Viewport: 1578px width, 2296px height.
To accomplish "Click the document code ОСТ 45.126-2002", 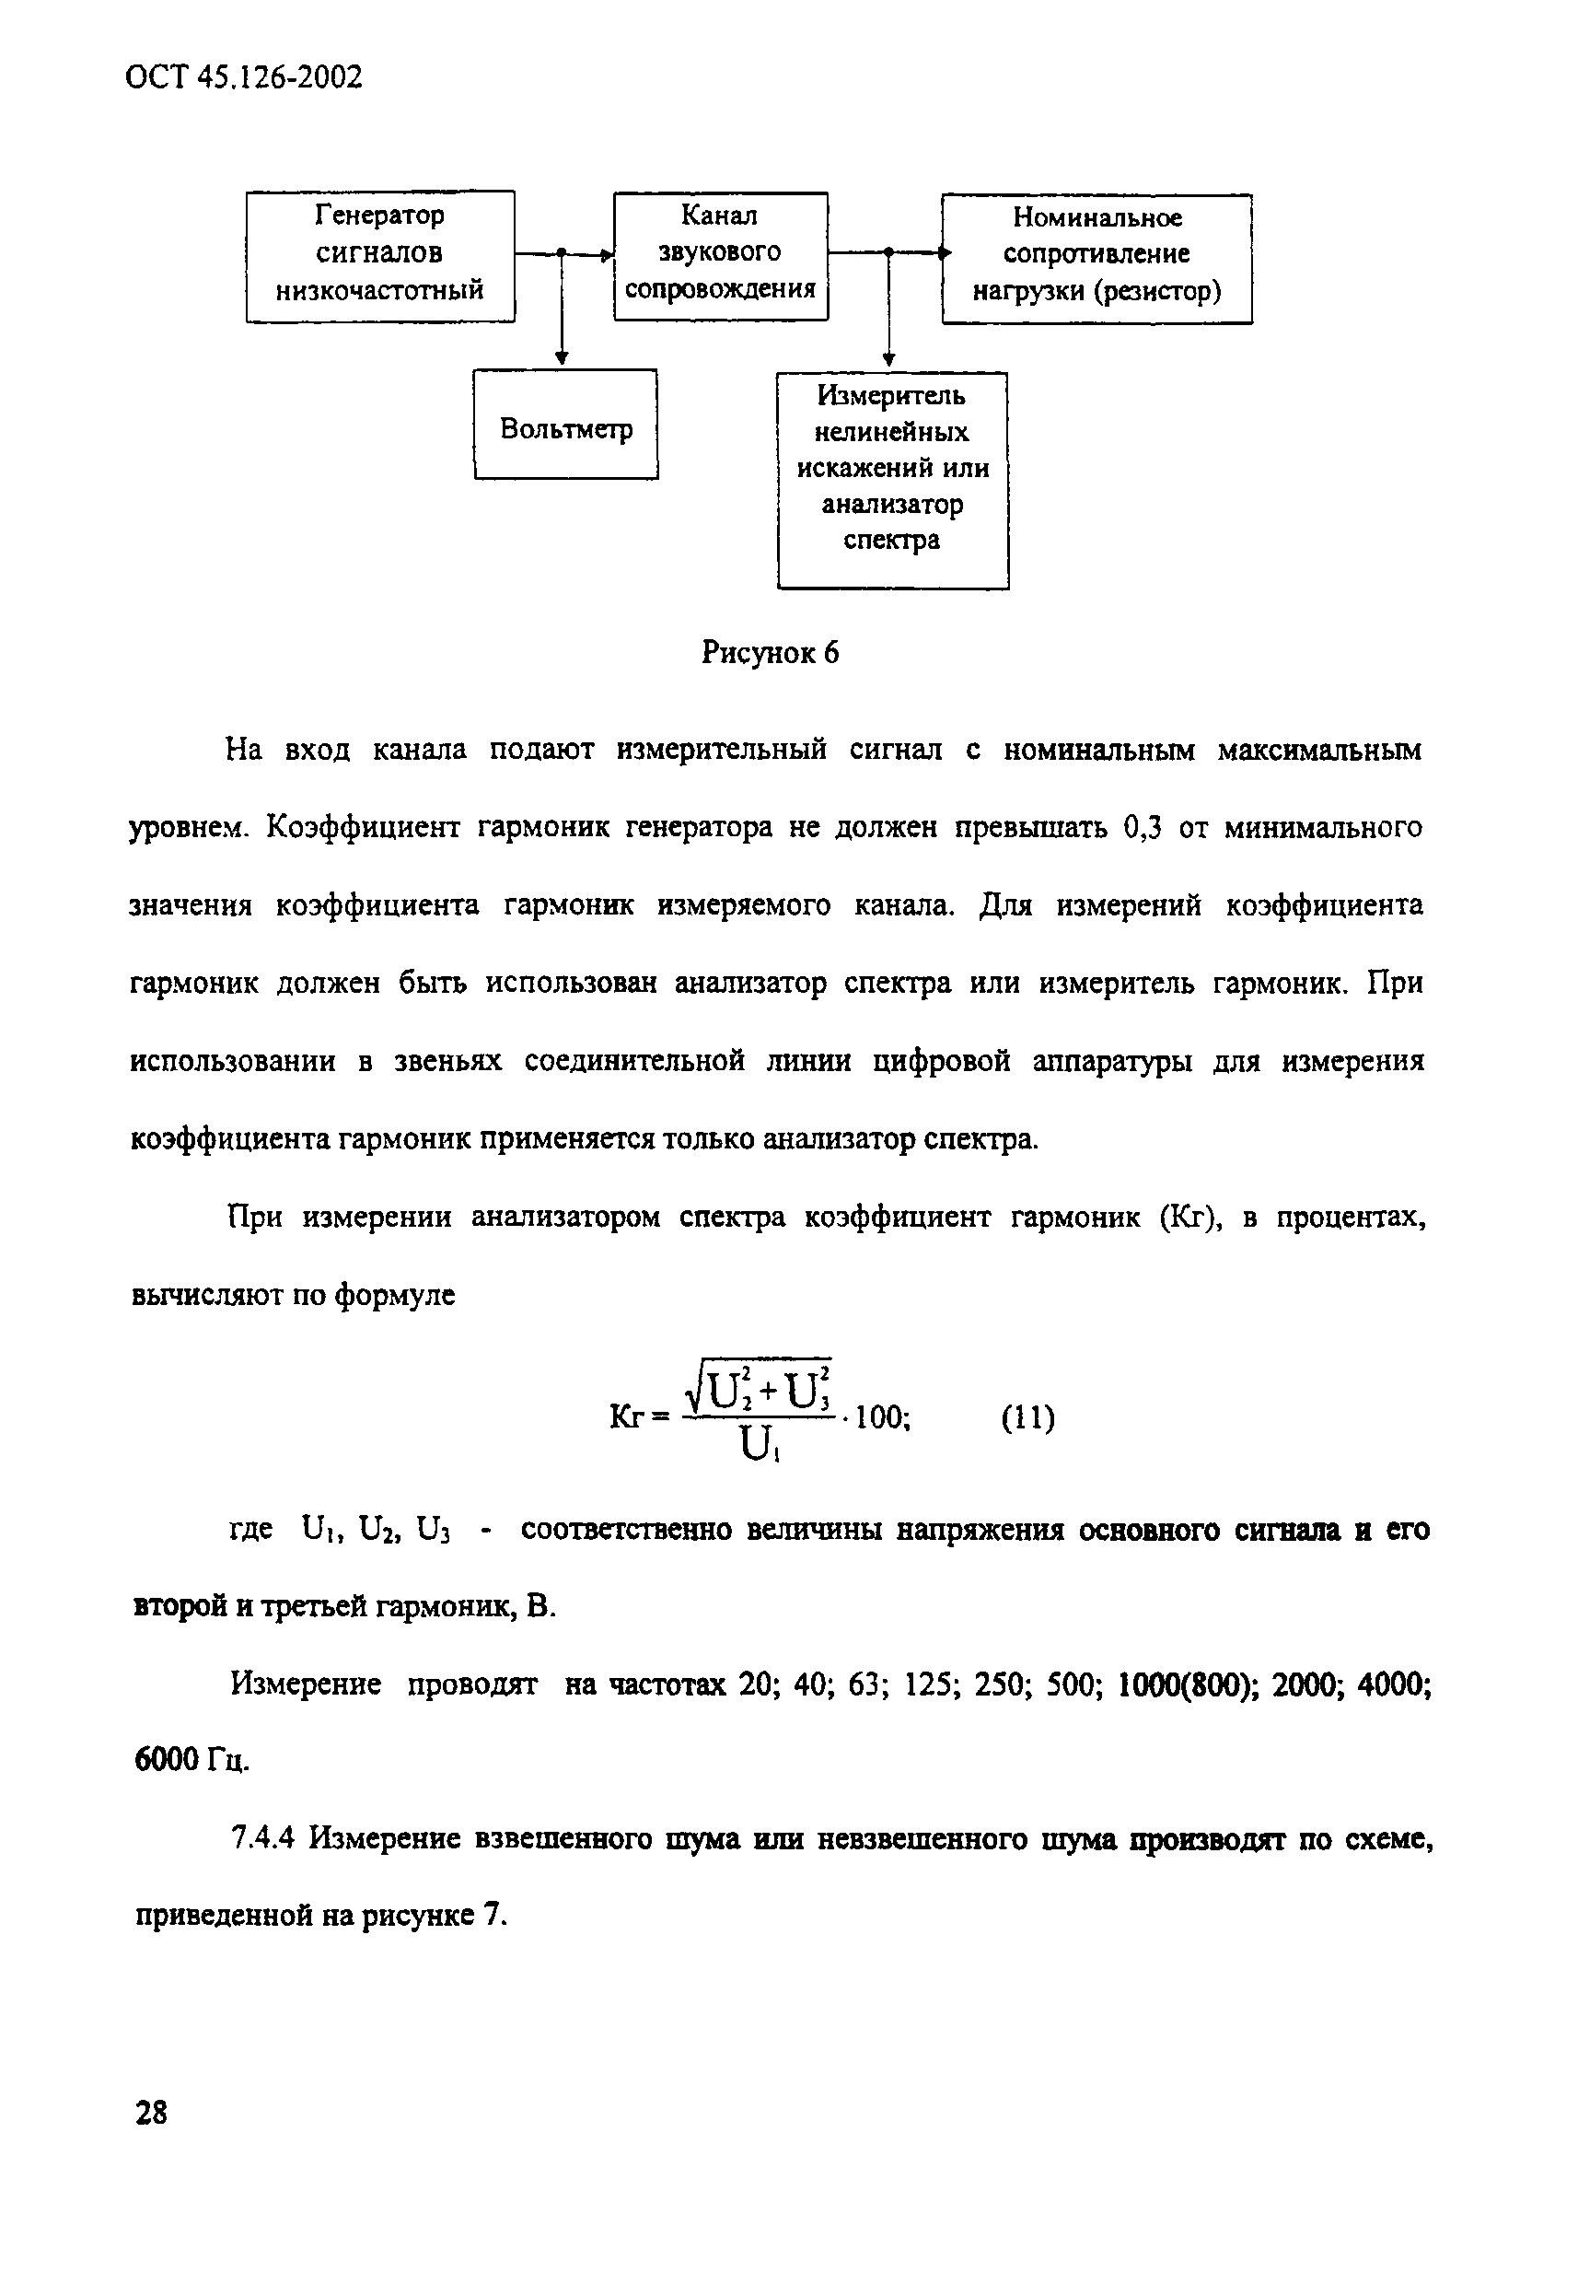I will pyautogui.click(x=244, y=77).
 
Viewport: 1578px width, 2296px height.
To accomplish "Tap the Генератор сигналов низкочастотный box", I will pyautogui.click(x=379, y=255).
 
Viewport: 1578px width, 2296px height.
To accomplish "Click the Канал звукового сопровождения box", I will pyautogui.click(x=720, y=255).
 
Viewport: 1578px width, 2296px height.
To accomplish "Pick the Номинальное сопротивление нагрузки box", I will pyautogui.click(x=1096, y=257).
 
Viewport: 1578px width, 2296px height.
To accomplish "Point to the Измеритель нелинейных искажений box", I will pyautogui.click(x=892, y=480).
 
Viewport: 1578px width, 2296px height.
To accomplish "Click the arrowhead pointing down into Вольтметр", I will pyautogui.click(x=561, y=359).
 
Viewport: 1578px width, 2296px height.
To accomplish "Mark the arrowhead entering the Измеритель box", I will pyautogui.click(x=888, y=361).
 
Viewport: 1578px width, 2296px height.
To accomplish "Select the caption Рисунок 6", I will pyautogui.click(x=770, y=653).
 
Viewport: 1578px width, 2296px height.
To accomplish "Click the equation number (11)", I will pyautogui.click(x=1028, y=1418).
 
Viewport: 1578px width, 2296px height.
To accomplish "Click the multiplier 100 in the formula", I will pyautogui.click(x=880, y=1418).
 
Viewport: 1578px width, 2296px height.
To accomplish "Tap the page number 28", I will pyautogui.click(x=150, y=2113).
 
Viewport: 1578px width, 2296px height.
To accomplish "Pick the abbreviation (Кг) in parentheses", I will pyautogui.click(x=1190, y=1218).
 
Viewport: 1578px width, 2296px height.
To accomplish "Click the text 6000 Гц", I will pyautogui.click(x=190, y=1760).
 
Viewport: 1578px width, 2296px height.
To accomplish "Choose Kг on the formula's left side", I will pyautogui.click(x=629, y=1418).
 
